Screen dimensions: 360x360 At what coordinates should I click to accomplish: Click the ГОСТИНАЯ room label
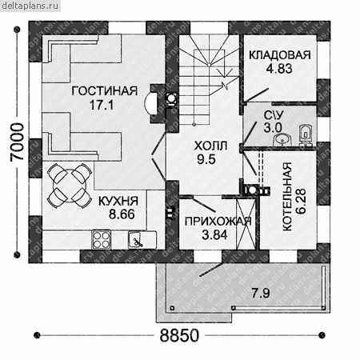coord(105,91)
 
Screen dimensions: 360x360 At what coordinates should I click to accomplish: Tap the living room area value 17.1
coord(102,105)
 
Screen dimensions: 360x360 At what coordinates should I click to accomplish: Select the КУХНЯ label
coord(118,201)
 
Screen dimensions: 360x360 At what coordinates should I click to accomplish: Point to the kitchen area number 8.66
coord(122,214)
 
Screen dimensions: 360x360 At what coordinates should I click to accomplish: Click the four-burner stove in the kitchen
coord(102,239)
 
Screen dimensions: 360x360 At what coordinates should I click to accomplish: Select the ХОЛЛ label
coord(210,146)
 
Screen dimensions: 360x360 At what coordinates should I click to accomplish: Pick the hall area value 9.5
coord(206,160)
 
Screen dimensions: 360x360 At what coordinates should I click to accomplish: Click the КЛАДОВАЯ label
coord(280,55)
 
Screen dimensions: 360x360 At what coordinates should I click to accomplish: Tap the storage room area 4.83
coord(279,69)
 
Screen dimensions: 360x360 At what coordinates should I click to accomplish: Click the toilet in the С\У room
coord(306,135)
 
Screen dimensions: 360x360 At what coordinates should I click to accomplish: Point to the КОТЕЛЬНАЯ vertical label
coord(287,197)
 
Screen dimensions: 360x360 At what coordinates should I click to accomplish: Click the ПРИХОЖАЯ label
coord(218,222)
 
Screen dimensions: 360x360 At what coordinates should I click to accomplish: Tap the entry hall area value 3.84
coord(214,235)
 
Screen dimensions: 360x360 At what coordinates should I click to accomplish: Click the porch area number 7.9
coord(261,294)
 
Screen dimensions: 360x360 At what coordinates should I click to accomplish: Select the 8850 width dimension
coord(179,335)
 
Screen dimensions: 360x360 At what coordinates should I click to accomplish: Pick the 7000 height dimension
coord(17,142)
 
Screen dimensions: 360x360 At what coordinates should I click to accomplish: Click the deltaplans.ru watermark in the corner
coord(30,6)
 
